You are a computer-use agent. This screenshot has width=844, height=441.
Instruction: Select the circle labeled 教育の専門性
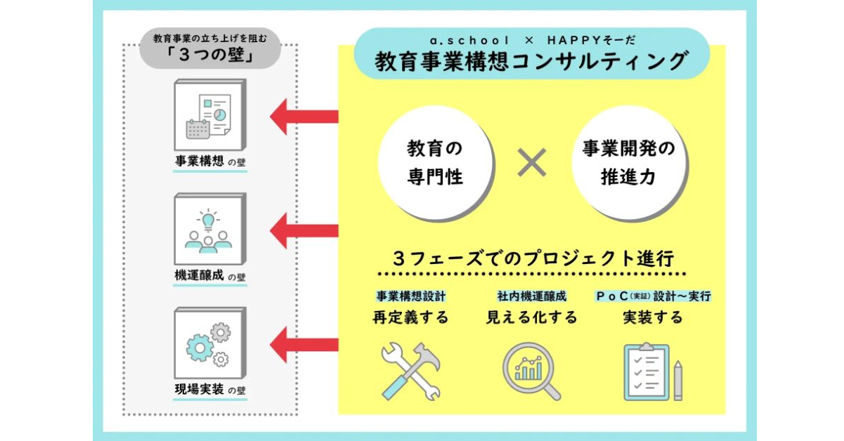(435, 162)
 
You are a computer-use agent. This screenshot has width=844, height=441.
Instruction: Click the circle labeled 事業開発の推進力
(628, 162)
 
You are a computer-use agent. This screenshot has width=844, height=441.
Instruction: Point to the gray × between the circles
(532, 163)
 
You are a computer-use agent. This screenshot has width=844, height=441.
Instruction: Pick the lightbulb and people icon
(209, 230)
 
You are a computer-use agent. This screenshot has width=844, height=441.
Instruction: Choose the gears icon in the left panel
(209, 344)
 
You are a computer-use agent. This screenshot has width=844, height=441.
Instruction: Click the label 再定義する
(410, 317)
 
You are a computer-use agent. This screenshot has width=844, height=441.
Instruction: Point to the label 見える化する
(532, 317)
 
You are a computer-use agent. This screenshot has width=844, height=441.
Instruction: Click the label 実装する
(653, 317)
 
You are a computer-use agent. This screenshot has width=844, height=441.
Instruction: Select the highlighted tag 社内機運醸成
(532, 296)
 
